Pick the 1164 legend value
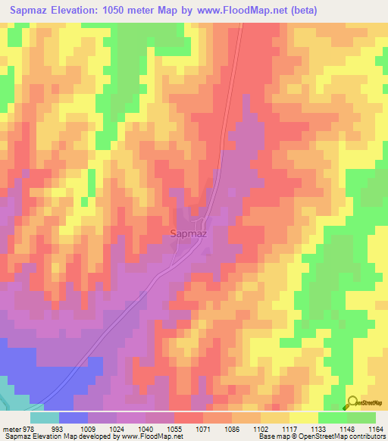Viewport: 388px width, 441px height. pos(377,429)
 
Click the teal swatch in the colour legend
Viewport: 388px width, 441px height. pos(45,418)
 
